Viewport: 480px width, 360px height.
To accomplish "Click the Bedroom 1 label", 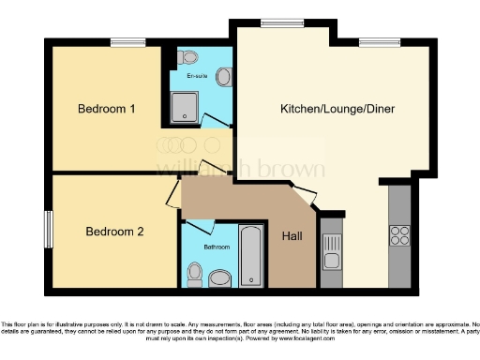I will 106,110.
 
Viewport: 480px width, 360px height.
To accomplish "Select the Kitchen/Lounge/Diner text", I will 337,110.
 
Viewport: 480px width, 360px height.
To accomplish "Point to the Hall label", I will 291,236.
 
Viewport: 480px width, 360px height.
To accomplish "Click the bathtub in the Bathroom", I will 251,255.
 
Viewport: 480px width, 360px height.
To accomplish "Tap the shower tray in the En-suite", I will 187,108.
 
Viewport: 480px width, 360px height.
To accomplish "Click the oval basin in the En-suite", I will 223,77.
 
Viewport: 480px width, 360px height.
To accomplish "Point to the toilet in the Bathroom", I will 194,274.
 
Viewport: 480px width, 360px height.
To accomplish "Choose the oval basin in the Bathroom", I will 221,278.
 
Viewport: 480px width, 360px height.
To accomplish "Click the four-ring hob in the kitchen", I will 400,234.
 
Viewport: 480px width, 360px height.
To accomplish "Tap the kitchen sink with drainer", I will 331,249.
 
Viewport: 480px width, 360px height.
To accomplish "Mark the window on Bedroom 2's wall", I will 49,228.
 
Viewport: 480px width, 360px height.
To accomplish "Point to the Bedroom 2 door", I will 172,194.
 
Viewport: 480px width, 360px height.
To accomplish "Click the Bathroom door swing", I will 202,227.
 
